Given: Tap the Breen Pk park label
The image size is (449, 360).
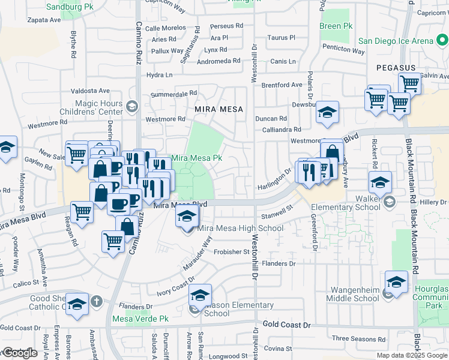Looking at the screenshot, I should pyautogui.click(x=336, y=26).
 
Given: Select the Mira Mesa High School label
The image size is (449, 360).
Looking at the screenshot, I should pyautogui.click(x=241, y=228).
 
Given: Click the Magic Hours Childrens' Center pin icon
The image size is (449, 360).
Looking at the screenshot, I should pyautogui.click(x=133, y=107).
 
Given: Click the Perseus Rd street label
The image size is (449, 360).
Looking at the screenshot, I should pyautogui.click(x=227, y=26).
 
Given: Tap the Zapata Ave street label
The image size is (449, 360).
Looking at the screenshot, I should pyautogui.click(x=44, y=20).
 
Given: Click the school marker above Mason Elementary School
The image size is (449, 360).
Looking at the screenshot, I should pyautogui.click(x=200, y=295).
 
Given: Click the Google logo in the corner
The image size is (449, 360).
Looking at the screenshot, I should pyautogui.click(x=19, y=353).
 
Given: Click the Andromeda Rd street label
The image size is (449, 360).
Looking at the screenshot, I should pyautogui.click(x=218, y=61).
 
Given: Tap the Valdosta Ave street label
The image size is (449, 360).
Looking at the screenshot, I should pyautogui.click(x=91, y=91).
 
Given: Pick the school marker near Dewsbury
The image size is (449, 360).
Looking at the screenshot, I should pyautogui.click(x=328, y=113).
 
